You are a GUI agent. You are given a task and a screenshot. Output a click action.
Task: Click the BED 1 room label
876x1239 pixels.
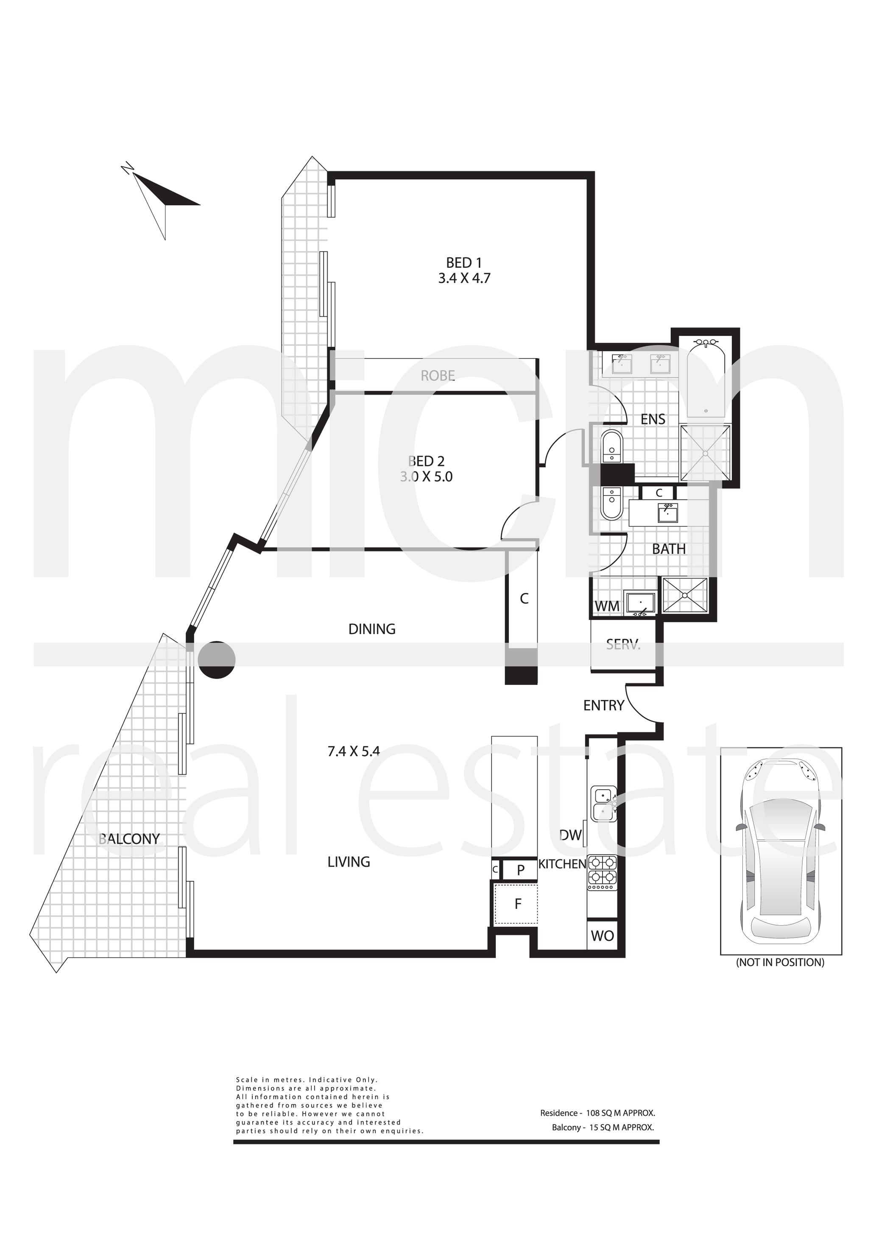463,263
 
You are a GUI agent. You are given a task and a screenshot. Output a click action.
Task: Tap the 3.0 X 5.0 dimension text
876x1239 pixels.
426,477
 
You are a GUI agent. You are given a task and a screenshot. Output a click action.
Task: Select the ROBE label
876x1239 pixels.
438,376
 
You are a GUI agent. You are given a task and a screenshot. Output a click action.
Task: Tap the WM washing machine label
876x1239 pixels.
607,606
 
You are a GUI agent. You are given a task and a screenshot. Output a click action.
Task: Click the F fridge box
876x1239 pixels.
516,904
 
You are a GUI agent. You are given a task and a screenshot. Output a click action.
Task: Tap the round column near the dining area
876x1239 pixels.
216,660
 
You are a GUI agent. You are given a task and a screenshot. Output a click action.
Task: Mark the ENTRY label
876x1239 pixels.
603,705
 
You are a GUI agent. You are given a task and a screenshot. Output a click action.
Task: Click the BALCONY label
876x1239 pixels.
130,838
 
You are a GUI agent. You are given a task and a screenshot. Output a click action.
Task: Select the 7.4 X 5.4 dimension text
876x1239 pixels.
354,751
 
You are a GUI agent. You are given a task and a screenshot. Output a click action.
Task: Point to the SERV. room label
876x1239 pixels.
623,644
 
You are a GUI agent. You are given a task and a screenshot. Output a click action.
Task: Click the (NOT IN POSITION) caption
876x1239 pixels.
780,962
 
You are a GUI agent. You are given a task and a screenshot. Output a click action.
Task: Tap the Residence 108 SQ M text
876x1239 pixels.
597,1113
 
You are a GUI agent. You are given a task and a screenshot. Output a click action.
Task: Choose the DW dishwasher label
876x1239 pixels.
571,835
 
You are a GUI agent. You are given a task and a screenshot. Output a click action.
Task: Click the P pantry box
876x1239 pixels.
520,869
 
